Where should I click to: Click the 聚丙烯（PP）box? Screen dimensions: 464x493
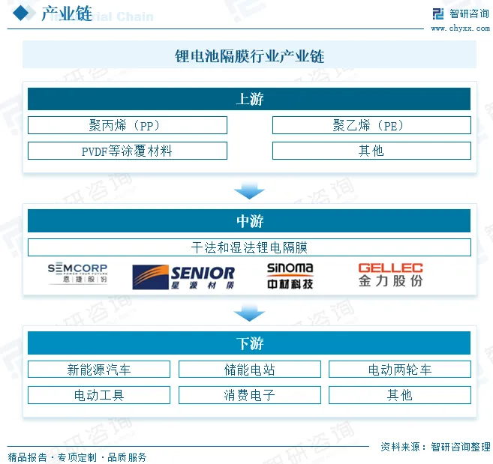127,125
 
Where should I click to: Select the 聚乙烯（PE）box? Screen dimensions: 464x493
371,125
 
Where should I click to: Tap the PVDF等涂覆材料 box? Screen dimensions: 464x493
127,151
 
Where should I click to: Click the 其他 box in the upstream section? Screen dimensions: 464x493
371,151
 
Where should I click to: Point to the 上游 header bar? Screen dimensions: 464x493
249,99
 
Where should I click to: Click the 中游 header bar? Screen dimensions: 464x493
249,221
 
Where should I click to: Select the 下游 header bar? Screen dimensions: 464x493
249,343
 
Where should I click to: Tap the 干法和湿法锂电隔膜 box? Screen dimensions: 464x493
249,247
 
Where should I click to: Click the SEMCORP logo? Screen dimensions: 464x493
77,274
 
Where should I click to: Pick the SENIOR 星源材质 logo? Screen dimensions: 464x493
183,277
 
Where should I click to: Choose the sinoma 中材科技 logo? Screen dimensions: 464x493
290,276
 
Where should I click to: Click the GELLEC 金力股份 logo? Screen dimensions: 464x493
390,274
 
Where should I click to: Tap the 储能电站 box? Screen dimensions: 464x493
249,369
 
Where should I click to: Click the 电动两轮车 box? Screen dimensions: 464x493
399,369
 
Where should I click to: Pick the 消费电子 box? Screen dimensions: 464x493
249,395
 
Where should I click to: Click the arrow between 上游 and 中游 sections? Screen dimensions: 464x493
249,192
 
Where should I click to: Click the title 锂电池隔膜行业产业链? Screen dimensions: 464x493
249,56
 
